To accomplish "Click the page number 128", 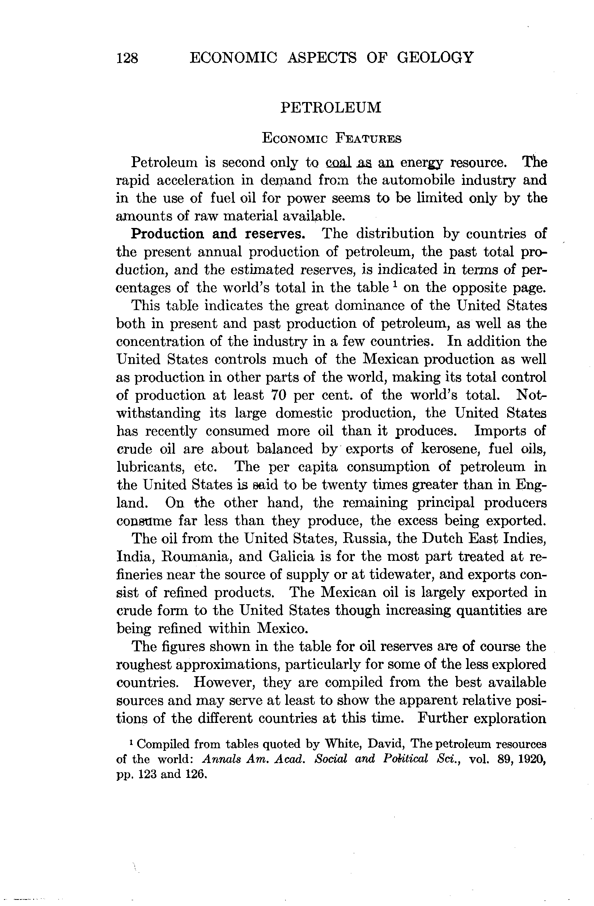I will [127, 58].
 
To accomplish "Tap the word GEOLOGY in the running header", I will [435, 58].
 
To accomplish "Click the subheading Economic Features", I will [331, 139].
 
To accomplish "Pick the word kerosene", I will [449, 449].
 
